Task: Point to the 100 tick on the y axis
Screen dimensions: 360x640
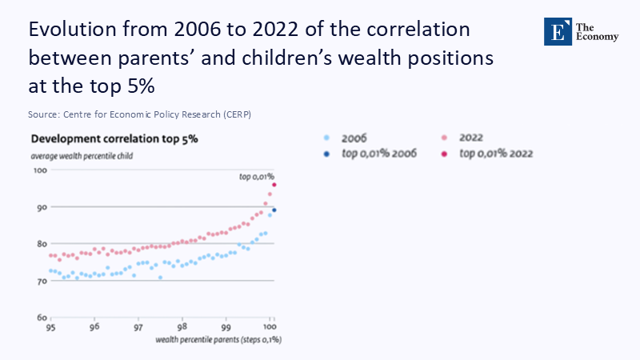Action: [38, 170]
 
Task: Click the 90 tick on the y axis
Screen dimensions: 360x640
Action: [39, 207]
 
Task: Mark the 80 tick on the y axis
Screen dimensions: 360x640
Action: [39, 244]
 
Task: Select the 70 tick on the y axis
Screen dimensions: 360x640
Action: [39, 281]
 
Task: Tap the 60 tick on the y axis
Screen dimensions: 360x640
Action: [39, 318]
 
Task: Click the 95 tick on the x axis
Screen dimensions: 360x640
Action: [50, 328]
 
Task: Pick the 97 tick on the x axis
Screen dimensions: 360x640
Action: [138, 328]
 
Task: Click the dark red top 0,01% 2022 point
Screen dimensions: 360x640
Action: [274, 185]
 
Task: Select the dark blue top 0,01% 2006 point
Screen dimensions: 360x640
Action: [274, 210]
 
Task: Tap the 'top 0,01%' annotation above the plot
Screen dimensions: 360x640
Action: [257, 174]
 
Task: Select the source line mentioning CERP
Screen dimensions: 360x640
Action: [139, 114]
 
